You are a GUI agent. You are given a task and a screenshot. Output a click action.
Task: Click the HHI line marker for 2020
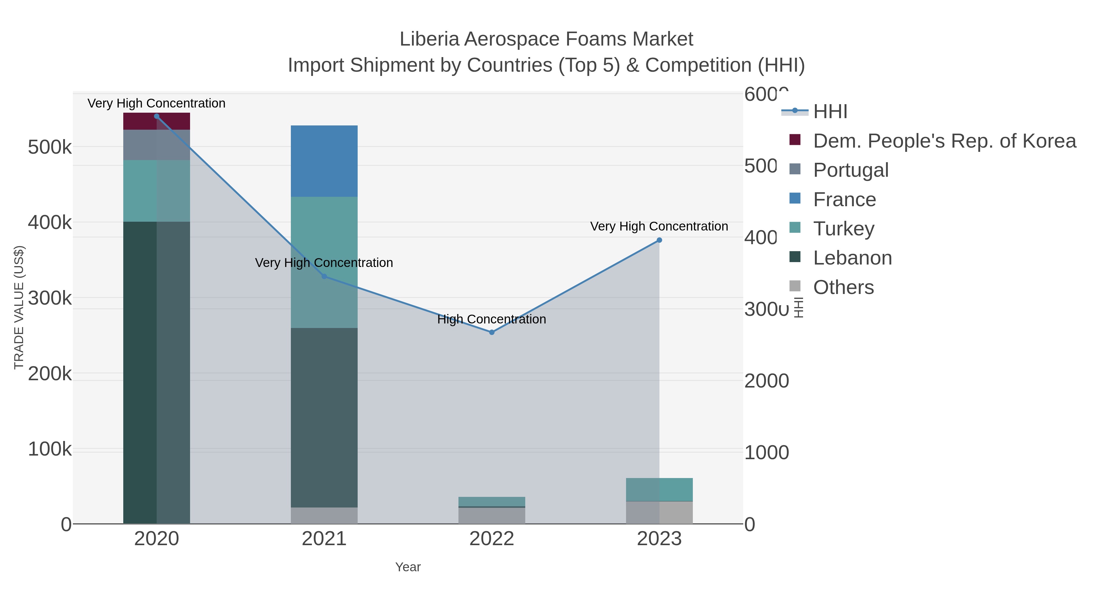click(157, 116)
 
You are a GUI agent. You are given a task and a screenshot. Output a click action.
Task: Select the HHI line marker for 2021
click(324, 276)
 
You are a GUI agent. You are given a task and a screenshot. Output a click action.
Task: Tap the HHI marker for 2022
click(492, 332)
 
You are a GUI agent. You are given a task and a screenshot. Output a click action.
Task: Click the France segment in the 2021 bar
click(324, 161)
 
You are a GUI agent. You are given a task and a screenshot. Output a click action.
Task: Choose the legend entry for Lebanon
click(852, 258)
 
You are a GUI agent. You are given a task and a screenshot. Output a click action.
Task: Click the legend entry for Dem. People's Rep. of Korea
click(944, 141)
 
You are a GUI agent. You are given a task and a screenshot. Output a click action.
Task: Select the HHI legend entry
click(829, 112)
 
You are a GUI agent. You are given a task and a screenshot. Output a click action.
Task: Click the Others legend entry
click(843, 287)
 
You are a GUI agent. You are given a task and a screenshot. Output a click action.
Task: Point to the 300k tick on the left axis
click(50, 298)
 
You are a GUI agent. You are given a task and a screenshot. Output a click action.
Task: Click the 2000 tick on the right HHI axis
click(766, 381)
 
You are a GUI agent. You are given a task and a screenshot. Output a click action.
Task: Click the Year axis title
click(408, 567)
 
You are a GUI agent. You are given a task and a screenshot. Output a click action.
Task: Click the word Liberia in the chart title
click(429, 39)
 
